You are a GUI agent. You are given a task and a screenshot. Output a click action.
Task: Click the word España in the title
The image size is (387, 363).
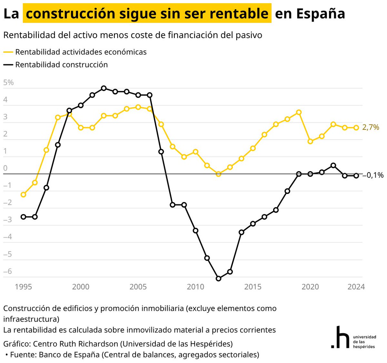[321, 14]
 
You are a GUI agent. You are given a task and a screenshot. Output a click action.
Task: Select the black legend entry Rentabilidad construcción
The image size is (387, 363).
[61, 65]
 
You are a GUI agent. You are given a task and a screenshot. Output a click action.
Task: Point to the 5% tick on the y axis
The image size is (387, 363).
[8, 83]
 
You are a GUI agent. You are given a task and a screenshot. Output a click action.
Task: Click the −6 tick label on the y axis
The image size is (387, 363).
[8, 271]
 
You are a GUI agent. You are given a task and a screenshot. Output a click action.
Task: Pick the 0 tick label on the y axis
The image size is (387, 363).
[5, 168]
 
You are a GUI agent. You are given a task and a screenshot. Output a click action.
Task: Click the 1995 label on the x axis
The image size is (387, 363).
[23, 287]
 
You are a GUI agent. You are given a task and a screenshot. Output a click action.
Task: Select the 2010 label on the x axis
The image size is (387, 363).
[195, 287]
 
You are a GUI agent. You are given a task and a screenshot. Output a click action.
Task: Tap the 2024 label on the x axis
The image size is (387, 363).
[356, 287]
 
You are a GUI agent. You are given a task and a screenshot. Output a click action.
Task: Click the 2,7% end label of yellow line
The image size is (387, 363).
[371, 127]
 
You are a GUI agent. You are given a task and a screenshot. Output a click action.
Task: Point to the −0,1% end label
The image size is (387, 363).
[373, 175]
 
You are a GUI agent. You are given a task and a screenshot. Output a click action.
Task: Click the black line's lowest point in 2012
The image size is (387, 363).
[218, 278]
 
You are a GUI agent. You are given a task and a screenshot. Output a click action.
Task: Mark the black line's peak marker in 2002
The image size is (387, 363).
[104, 88]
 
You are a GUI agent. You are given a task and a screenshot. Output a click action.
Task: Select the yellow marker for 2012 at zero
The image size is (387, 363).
[218, 174]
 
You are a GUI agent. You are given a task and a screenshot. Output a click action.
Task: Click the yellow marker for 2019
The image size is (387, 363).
[299, 112]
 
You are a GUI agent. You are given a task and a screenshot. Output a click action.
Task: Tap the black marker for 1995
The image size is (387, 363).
[23, 217]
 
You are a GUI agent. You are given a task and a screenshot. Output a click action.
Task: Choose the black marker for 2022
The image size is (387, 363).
[333, 165]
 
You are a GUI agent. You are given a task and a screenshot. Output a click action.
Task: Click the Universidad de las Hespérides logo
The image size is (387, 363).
[353, 337]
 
